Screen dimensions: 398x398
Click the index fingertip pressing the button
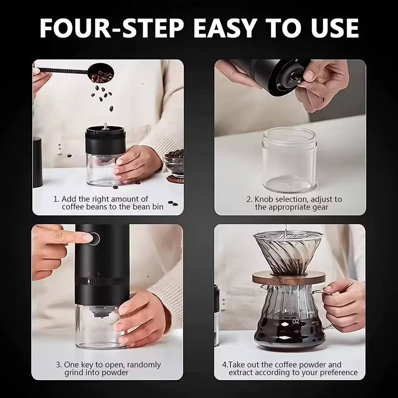click(86, 238)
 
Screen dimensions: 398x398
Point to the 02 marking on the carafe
click(296, 321)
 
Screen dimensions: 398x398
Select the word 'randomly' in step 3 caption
click(144, 365)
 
